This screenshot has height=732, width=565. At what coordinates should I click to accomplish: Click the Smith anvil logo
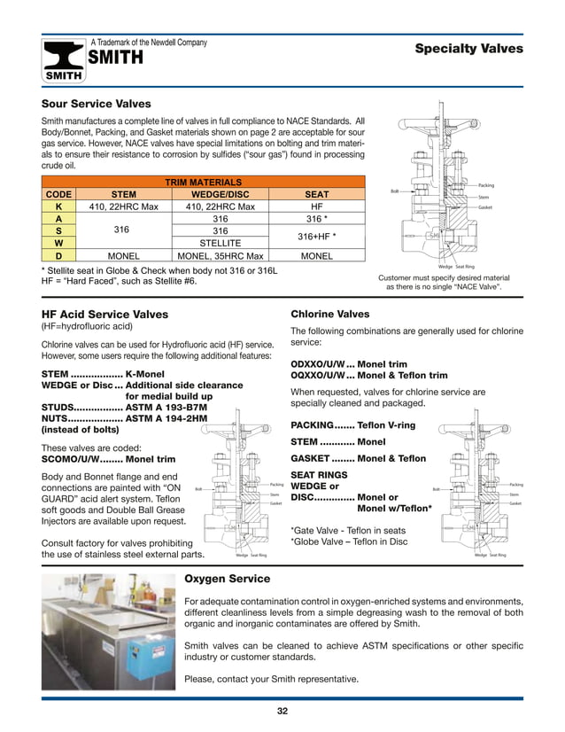65,60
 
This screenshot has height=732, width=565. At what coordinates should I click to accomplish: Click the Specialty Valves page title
468,49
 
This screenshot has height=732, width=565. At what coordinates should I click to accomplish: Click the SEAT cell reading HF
316,206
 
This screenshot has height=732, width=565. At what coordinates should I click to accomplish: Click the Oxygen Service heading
226,579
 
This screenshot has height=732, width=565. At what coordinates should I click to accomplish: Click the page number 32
282,711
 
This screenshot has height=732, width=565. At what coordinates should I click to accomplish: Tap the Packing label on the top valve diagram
485,185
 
